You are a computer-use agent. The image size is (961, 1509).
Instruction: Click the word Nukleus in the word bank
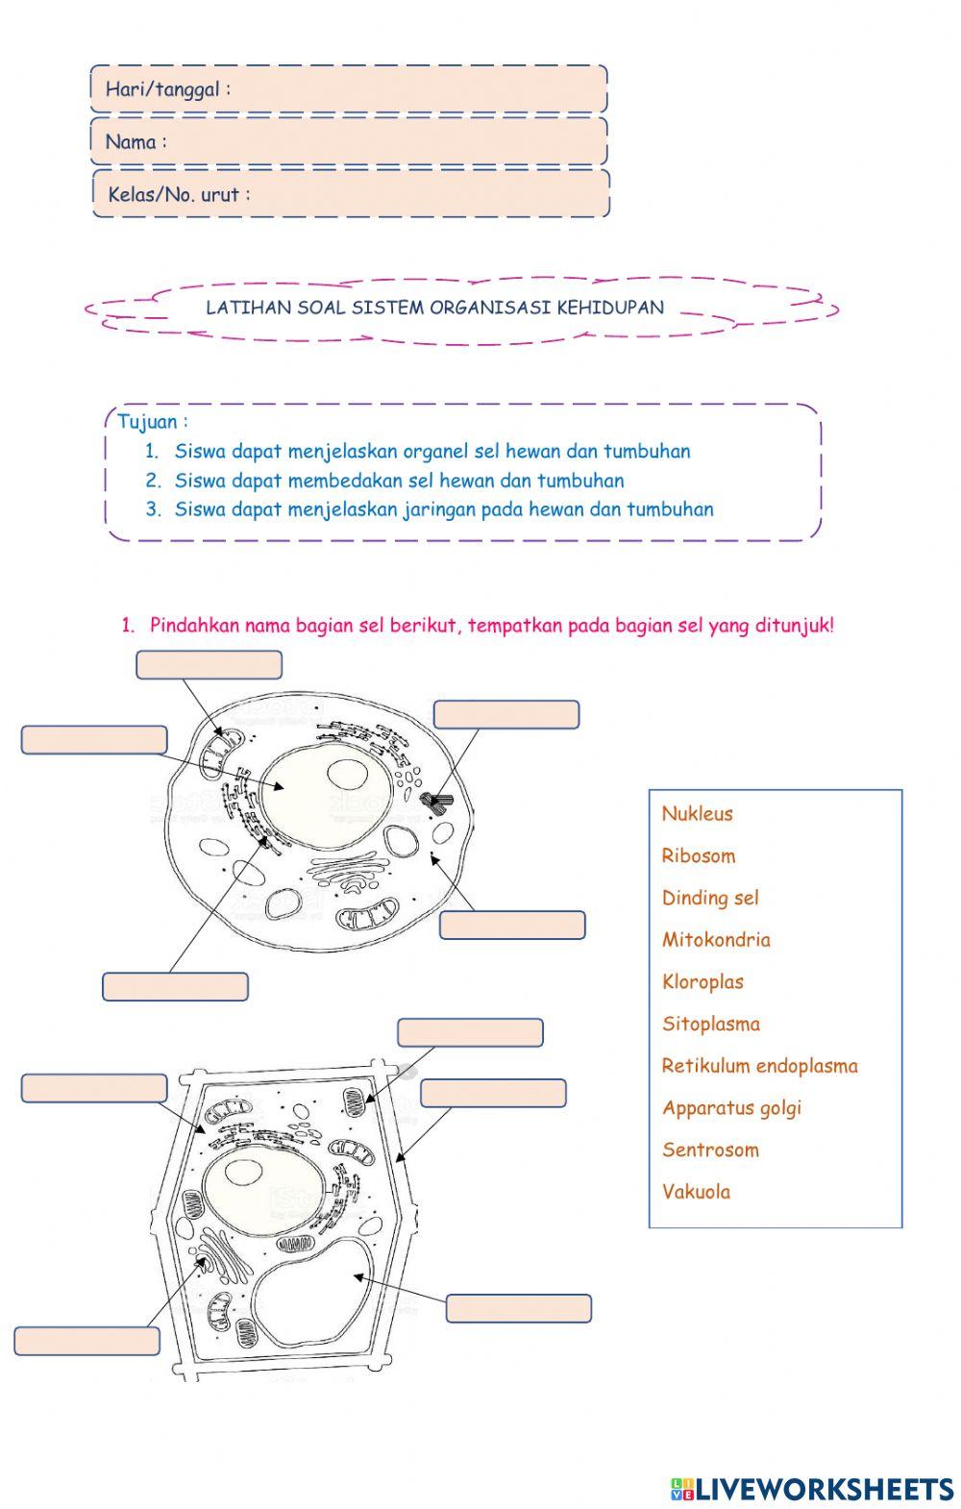697,814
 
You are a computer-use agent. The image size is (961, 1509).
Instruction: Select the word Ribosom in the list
698,856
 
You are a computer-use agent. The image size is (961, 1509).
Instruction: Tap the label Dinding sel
709,899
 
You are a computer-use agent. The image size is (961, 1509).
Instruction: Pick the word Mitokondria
715,940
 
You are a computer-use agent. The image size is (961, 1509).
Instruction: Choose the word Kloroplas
702,982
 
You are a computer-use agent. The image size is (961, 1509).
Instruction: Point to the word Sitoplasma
710,1025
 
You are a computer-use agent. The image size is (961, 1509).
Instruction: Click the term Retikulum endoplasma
759,1066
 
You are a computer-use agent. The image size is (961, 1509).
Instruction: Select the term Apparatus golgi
730,1108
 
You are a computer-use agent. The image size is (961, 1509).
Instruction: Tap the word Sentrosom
709,1150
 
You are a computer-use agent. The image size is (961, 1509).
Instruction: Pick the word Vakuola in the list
696,1193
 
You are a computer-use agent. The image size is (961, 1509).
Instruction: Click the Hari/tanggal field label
167,90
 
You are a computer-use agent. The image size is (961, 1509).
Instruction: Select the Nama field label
136,142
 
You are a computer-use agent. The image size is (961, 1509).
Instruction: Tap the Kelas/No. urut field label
178,194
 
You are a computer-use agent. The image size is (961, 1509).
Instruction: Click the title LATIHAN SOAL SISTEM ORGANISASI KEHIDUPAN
434,309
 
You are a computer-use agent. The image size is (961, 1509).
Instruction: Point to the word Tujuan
152,422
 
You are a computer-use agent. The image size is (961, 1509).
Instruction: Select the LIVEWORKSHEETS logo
811,1489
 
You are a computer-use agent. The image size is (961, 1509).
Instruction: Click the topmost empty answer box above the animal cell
209,665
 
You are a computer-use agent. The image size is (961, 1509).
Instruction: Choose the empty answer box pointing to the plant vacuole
518,1308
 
